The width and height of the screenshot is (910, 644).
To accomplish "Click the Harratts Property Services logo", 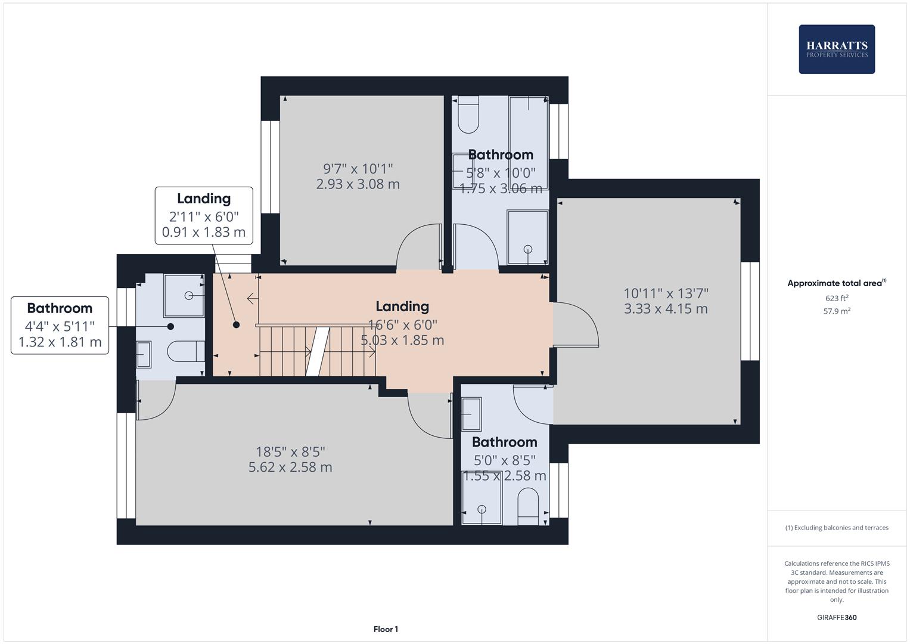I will [x=836, y=49].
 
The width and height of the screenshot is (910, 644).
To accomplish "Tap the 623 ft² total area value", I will [x=836, y=298].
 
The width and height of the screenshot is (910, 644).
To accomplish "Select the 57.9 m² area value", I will [x=836, y=311].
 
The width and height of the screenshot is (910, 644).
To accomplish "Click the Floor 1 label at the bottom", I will [x=386, y=629].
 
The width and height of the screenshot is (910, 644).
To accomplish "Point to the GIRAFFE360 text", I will [x=836, y=617].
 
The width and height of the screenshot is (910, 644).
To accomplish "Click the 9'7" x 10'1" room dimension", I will [x=358, y=169].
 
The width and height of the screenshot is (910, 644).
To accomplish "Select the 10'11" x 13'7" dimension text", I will [x=666, y=293].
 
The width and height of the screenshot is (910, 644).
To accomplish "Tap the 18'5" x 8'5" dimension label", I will [x=290, y=452].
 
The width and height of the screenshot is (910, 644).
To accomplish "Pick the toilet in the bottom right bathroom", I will [x=528, y=506].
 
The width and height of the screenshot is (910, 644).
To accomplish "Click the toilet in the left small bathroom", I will [x=186, y=351].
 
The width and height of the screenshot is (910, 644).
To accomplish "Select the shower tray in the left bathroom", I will [x=184, y=295].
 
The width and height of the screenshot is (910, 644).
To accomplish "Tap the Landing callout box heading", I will [x=204, y=199].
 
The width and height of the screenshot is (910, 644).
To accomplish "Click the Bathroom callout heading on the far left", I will [x=60, y=308].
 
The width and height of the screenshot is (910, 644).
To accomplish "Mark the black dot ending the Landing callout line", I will [x=236, y=325].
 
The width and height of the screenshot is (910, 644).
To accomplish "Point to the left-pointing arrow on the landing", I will [x=252, y=298].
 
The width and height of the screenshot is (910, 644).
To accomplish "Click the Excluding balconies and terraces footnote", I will [x=836, y=528].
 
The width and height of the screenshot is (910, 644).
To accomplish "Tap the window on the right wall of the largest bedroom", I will [x=750, y=311].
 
